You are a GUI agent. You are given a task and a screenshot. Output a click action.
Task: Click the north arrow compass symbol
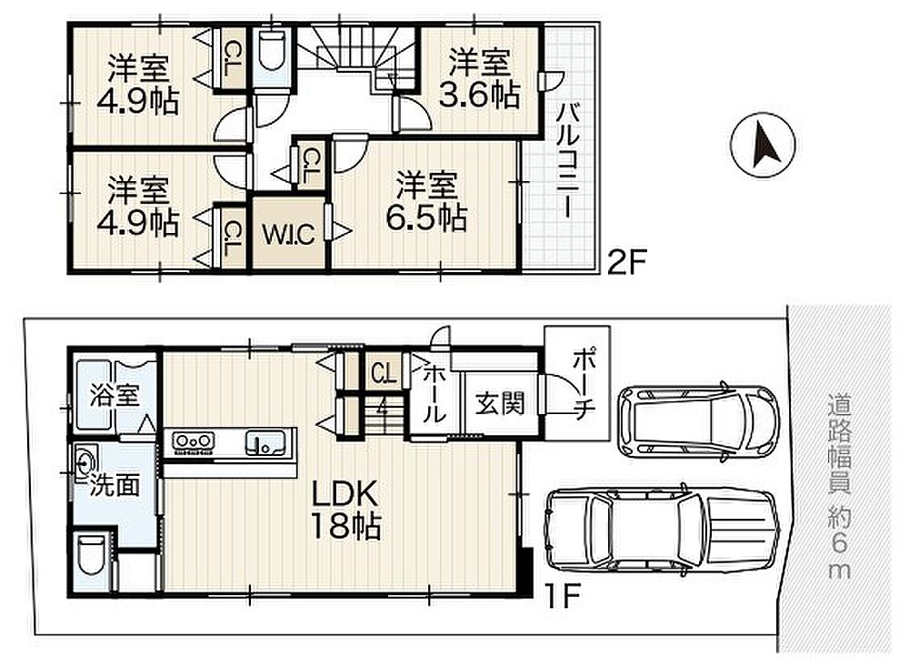763,145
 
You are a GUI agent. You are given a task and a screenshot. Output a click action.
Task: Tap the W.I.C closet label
288,234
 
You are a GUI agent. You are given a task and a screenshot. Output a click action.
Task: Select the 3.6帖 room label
479,79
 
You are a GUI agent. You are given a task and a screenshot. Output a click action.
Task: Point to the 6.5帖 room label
426,201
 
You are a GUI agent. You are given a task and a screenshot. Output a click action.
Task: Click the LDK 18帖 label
345,510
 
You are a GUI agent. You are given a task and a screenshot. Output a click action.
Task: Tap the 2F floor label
626,262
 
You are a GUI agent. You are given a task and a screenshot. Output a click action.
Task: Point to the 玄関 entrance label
500,403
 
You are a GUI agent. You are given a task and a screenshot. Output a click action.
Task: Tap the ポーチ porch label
583,384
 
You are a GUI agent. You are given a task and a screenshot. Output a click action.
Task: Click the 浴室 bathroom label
115,397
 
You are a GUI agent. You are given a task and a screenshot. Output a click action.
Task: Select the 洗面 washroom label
115,484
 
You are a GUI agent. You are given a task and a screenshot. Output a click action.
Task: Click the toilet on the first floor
90,554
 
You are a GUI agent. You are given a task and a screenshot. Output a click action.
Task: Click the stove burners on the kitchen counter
193,443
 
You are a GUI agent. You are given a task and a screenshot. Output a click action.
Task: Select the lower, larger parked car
661,531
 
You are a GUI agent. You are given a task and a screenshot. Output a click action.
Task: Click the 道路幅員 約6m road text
839,486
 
